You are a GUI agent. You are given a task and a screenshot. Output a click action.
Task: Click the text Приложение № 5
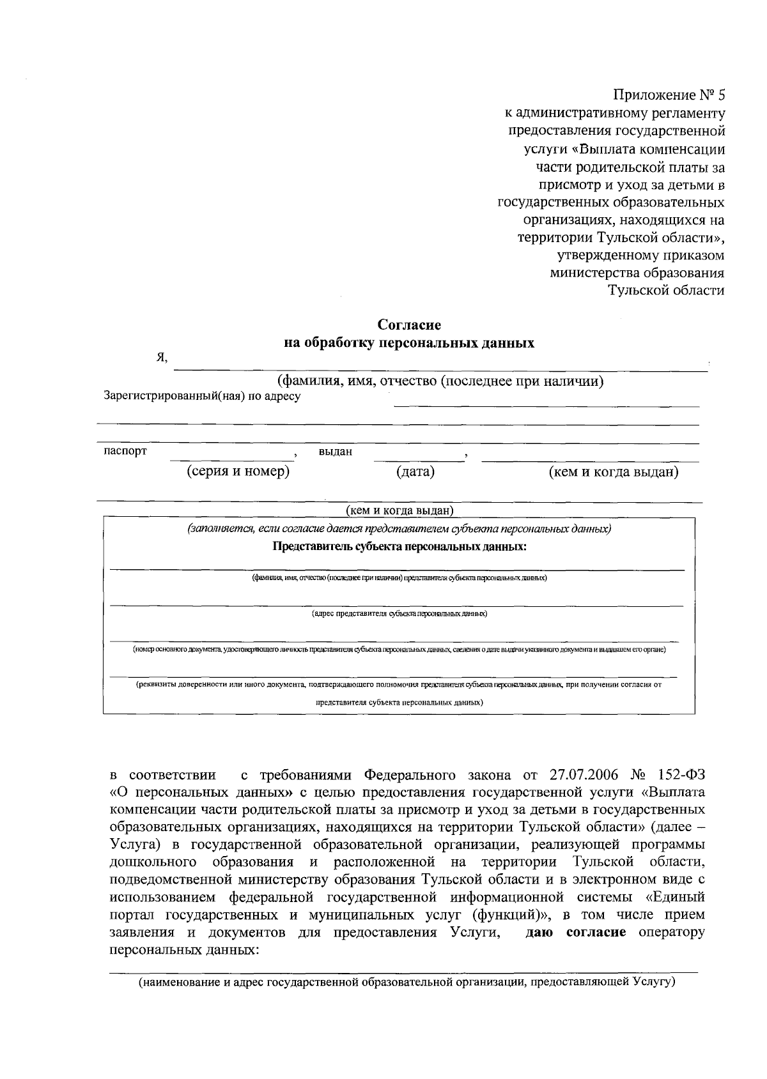tap(669, 96)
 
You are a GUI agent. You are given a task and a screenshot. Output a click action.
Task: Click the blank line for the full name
tap(441, 369)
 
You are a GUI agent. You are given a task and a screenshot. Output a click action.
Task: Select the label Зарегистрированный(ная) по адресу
tap(202, 396)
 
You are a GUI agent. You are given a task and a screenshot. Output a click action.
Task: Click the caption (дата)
tap(415, 472)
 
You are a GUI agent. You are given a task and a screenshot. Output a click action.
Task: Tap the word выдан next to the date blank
tap(336, 452)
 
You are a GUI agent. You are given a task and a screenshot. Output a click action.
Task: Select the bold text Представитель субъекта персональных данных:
tap(399, 547)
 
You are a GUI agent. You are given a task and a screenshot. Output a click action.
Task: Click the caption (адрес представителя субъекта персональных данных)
tap(399, 613)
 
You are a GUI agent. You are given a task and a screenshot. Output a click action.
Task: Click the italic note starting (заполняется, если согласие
tap(399, 530)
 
